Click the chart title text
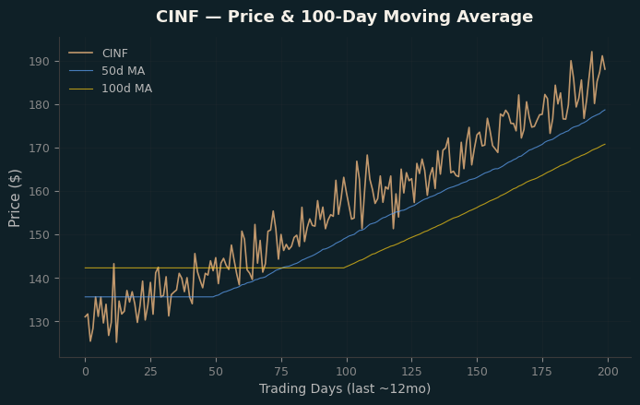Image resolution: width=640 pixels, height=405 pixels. point(344,17)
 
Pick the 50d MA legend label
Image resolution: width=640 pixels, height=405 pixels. point(123,71)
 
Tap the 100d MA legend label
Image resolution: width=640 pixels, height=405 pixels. point(126,89)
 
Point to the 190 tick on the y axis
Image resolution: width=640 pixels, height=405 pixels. point(39,62)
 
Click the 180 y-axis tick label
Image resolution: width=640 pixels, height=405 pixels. point(39,105)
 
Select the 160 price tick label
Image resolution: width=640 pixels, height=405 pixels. point(39,192)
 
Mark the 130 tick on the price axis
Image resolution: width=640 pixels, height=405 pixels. point(39,322)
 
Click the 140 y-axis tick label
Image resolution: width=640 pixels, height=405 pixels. point(39,279)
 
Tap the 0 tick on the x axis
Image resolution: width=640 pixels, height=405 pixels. point(86,372)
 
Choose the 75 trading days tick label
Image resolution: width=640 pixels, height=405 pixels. point(281,372)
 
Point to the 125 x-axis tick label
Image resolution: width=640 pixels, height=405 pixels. point(412,372)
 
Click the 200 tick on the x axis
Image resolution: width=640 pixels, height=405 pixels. point(608,372)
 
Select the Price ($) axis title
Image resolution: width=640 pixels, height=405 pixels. point(14,198)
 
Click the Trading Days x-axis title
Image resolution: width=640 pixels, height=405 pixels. point(345,388)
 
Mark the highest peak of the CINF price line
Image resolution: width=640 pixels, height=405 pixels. point(592,52)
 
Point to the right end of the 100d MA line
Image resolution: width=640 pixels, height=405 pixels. point(605,144)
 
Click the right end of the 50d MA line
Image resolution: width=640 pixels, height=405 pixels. point(605,110)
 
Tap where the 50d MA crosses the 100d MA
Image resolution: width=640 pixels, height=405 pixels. point(283,268)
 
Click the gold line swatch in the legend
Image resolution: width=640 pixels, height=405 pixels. point(81,89)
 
